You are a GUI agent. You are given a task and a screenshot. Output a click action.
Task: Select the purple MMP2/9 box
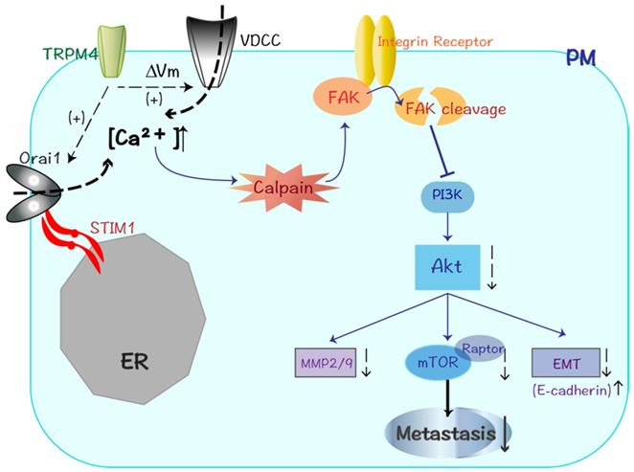325,363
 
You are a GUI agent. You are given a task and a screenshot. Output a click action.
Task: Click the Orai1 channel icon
34,191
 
